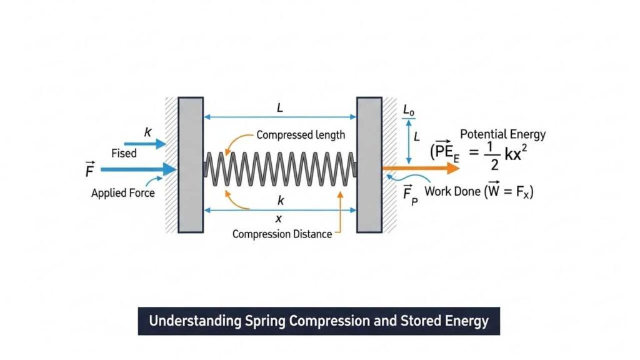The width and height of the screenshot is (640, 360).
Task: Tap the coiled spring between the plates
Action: (280, 168)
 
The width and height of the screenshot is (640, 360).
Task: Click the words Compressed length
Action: (301, 134)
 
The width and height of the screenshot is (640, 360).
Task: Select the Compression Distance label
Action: (282, 234)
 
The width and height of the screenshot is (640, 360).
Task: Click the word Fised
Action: (124, 153)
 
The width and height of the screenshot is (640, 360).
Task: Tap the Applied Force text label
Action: (122, 193)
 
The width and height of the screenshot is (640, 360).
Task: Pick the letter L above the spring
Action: (280, 108)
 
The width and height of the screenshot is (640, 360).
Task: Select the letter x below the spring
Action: (279, 218)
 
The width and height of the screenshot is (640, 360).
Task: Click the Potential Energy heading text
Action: (502, 134)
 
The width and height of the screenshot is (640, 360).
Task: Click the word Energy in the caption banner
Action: (467, 321)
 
